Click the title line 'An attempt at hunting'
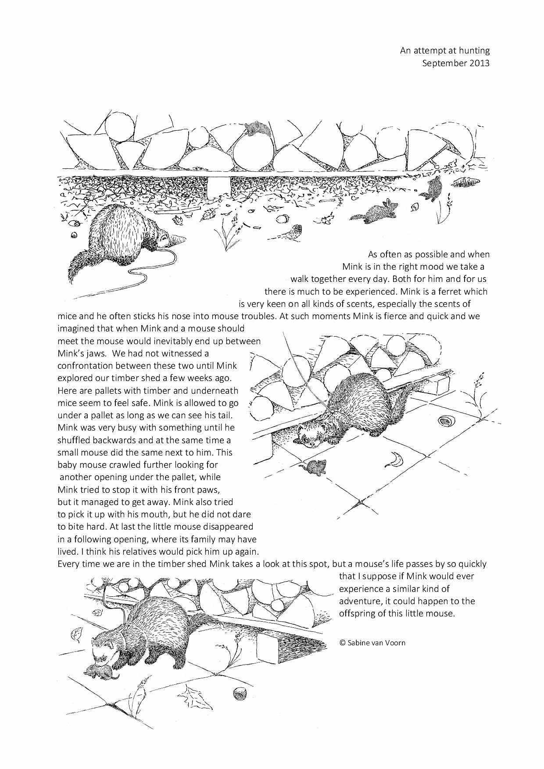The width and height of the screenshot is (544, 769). point(444,51)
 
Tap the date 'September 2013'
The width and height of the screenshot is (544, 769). point(455,63)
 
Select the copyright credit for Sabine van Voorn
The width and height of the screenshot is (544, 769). point(372,643)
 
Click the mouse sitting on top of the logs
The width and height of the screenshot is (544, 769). point(256,128)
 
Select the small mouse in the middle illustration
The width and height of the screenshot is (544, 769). point(317,467)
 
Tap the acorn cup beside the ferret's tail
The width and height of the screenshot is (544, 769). point(446,422)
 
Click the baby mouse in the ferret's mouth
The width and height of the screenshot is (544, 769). point(99,672)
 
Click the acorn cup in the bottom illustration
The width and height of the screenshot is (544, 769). point(239,693)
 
